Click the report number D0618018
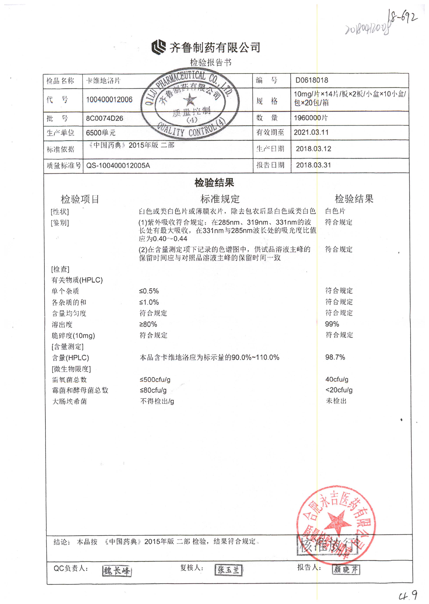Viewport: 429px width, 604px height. click(x=311, y=80)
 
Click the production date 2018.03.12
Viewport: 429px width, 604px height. click(x=313, y=149)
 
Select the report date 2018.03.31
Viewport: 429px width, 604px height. click(x=313, y=165)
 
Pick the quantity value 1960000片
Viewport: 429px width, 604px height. click(x=311, y=118)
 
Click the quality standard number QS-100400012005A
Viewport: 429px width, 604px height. click(x=118, y=166)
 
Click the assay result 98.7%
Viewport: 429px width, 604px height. click(x=335, y=357)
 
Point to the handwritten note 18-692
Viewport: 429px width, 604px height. click(x=403, y=17)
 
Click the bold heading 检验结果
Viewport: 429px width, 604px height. click(x=214, y=182)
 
